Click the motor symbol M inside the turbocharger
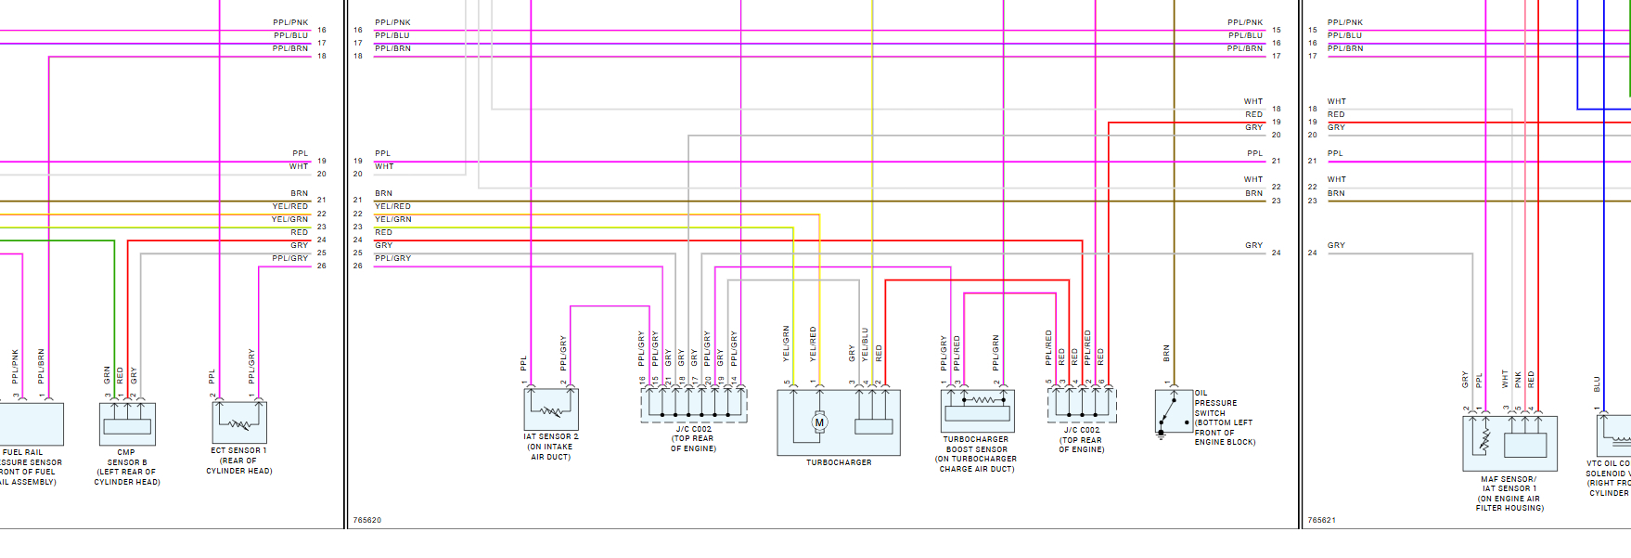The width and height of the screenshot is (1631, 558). click(819, 422)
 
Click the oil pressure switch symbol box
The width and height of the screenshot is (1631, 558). click(1174, 411)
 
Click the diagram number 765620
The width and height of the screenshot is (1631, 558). click(367, 520)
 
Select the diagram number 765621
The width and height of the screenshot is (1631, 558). click(1321, 520)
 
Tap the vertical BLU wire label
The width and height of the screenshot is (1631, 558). click(1597, 383)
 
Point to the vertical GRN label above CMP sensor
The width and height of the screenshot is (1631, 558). click(107, 374)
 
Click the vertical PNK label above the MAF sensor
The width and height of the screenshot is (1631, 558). click(1518, 379)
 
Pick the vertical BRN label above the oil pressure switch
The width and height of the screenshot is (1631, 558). click(1166, 353)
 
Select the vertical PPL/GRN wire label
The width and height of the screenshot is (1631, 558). click(995, 353)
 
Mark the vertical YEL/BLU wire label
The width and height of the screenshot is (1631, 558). click(865, 344)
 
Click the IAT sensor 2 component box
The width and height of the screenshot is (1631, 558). click(551, 409)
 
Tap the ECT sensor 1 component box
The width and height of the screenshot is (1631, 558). click(239, 422)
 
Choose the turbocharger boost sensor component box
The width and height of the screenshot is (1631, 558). click(977, 410)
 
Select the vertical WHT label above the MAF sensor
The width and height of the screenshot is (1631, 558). click(1505, 379)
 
